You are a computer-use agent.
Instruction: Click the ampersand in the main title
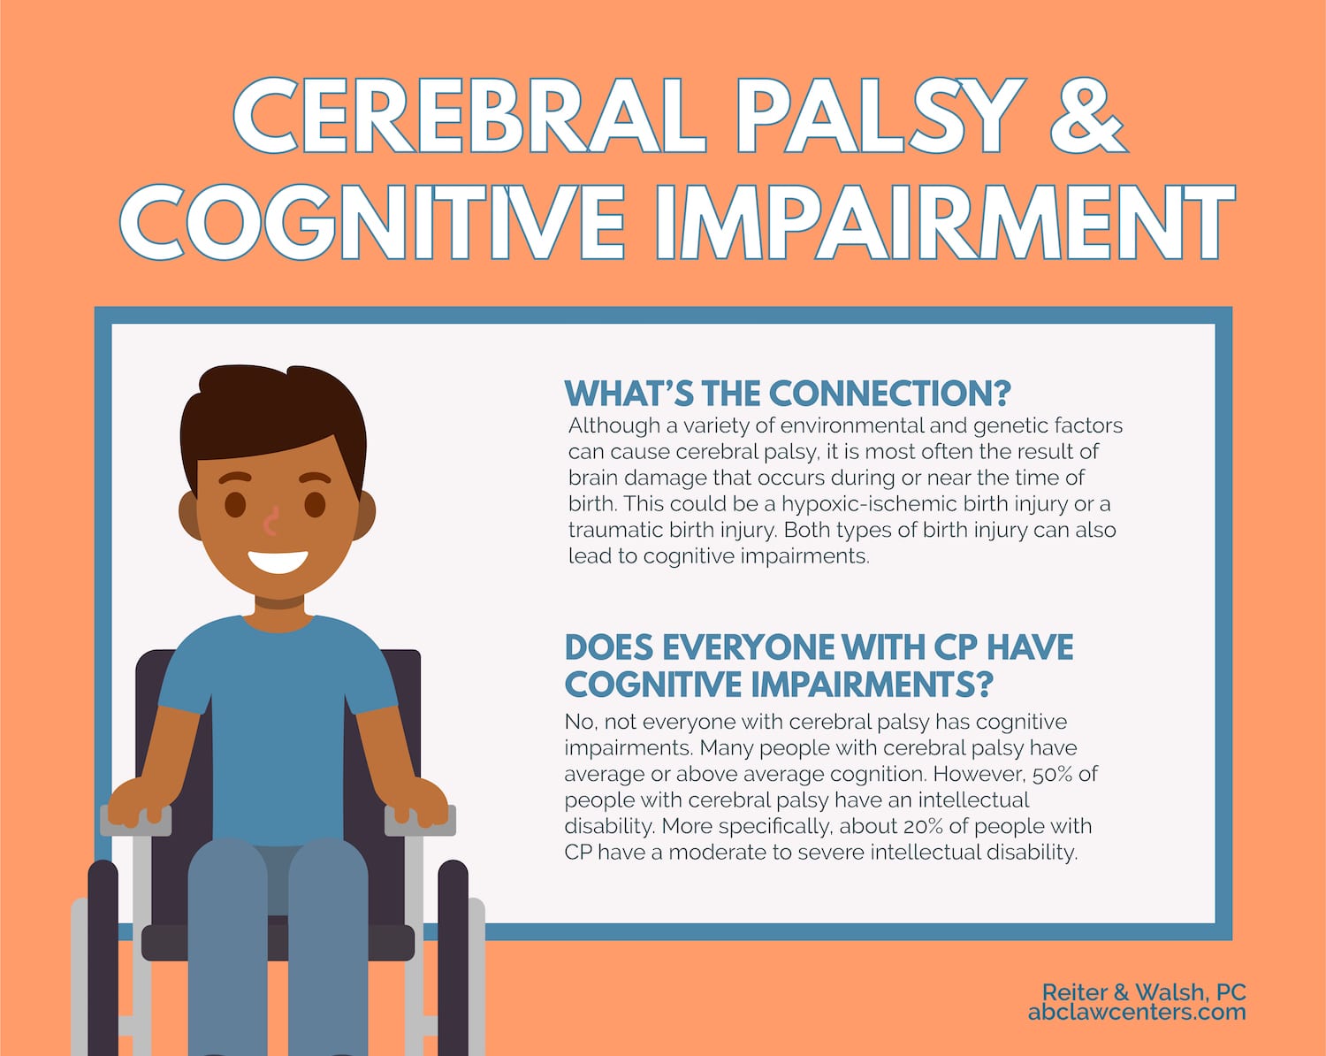tap(1089, 115)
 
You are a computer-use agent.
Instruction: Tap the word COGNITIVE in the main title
tap(373, 221)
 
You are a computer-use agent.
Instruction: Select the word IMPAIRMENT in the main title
tap(945, 221)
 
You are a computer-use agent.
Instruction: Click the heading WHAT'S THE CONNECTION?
tap(788, 394)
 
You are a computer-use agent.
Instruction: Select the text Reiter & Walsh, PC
tap(1144, 992)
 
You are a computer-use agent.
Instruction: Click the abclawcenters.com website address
tap(1137, 1013)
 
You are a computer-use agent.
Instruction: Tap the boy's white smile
tap(278, 561)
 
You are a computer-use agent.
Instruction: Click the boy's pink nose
tap(271, 521)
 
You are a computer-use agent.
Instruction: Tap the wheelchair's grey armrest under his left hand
tap(135, 820)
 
